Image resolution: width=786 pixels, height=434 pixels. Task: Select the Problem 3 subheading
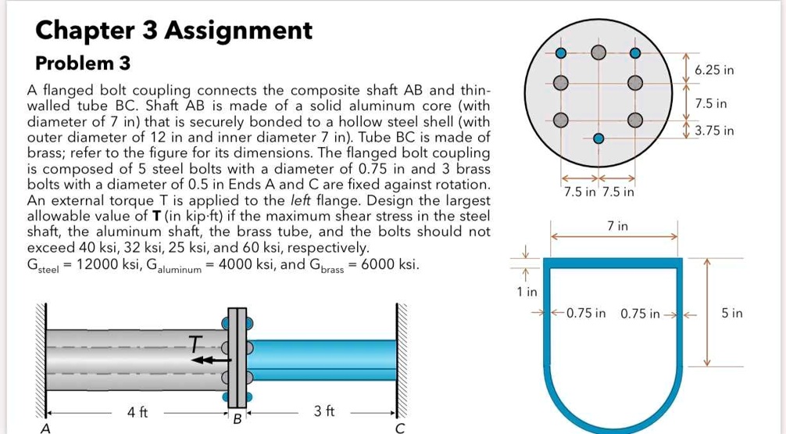click(83, 63)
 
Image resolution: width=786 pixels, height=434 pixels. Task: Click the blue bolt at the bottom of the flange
click(598, 138)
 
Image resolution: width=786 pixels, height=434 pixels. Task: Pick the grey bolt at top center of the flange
click(598, 52)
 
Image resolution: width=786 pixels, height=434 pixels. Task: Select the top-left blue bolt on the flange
click(560, 53)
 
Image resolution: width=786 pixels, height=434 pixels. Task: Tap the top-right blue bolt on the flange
click(636, 53)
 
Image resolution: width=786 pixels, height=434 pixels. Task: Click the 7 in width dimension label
click(617, 226)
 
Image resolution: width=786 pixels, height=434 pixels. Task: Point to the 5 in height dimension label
click(732, 314)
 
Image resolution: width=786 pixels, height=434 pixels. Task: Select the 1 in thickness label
click(527, 292)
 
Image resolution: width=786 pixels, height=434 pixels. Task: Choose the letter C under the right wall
click(400, 427)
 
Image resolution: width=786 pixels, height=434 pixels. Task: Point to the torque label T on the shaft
click(195, 342)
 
